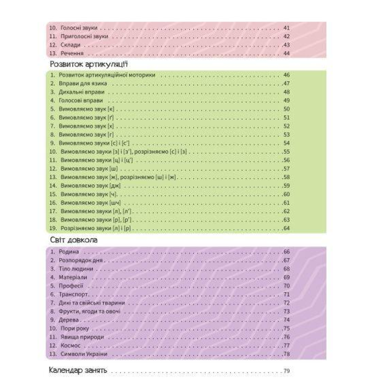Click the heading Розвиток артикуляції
[x=89, y=64]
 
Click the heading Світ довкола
[x=74, y=240]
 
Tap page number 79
[x=286, y=371]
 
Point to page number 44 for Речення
[x=286, y=53]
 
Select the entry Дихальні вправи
[x=81, y=92]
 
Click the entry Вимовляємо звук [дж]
[x=91, y=186]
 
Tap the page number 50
[x=286, y=109]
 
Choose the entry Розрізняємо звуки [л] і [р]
[x=96, y=228]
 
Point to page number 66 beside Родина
[x=286, y=252]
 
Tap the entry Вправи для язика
[x=83, y=84]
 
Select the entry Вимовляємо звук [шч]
[x=91, y=203]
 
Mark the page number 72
[x=286, y=303]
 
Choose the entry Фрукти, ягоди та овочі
[x=89, y=311]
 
